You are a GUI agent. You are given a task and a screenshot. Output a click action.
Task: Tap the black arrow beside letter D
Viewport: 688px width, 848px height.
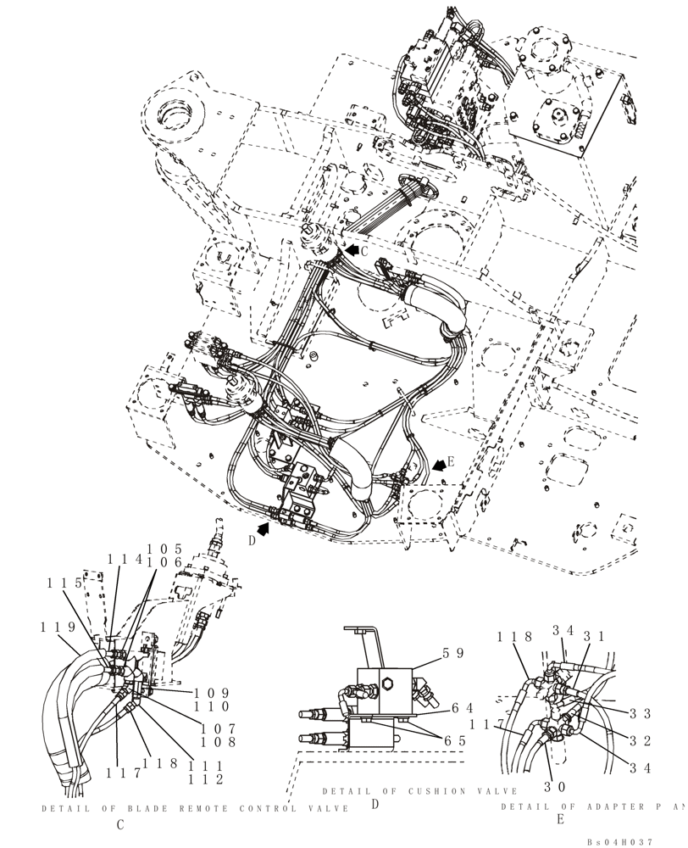pos(264,530)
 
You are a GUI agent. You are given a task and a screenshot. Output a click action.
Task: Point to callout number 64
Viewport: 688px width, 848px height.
pos(462,708)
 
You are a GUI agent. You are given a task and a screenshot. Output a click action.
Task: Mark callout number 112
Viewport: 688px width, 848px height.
pos(208,778)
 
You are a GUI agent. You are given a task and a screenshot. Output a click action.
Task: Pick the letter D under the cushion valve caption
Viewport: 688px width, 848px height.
pos(374,804)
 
